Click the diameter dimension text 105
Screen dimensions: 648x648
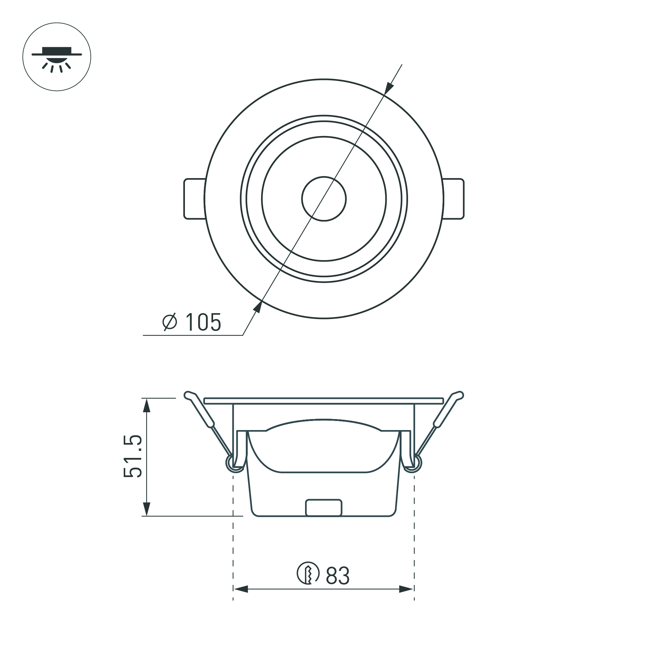tap(203, 322)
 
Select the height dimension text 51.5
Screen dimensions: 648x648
tap(133, 457)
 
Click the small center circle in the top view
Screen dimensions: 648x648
tap(324, 199)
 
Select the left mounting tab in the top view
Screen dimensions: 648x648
tap(194, 199)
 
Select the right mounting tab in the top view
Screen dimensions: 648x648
tap(454, 199)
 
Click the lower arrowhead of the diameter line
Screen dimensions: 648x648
tap(257, 307)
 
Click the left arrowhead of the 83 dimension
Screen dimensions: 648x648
tap(241, 598)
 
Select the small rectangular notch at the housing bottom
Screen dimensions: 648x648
tap(324, 508)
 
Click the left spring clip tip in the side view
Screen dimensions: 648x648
tap(188, 395)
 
